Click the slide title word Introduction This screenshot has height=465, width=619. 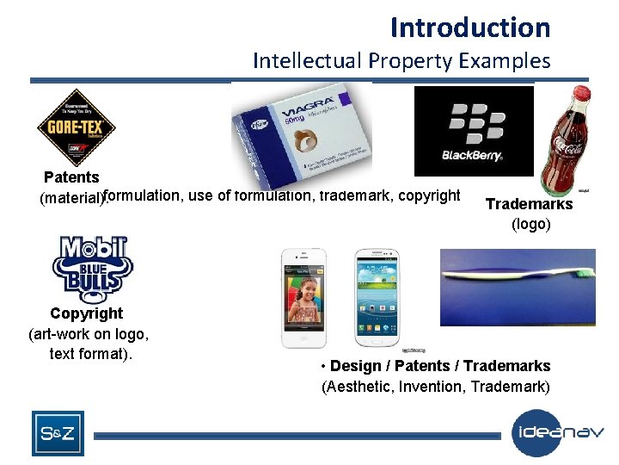coord(469,28)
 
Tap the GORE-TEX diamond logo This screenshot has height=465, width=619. coord(76,129)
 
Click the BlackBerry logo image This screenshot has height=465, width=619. coord(474,131)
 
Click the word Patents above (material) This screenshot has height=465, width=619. coord(71,177)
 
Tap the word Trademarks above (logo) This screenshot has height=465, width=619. coord(529,204)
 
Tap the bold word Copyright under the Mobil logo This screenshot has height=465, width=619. coord(87,313)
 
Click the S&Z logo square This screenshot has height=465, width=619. coord(58,433)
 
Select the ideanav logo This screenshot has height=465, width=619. coord(559,433)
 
